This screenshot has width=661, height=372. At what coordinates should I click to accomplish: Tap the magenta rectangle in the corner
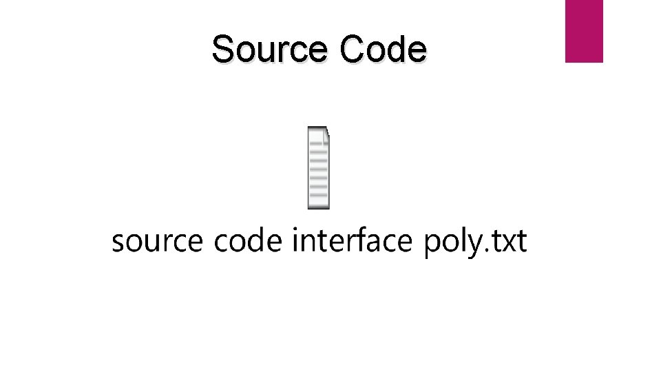pos(584,30)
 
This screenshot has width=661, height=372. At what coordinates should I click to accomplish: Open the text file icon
pos(318,167)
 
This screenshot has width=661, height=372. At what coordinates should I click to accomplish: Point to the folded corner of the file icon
pos(326,131)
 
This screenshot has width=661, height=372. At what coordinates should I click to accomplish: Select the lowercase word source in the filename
pos(158,242)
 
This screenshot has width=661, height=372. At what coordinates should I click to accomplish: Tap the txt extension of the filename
pos(508,242)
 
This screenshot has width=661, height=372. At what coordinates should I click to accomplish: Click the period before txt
pos(484,251)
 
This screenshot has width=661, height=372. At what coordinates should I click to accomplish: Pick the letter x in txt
pos(508,243)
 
